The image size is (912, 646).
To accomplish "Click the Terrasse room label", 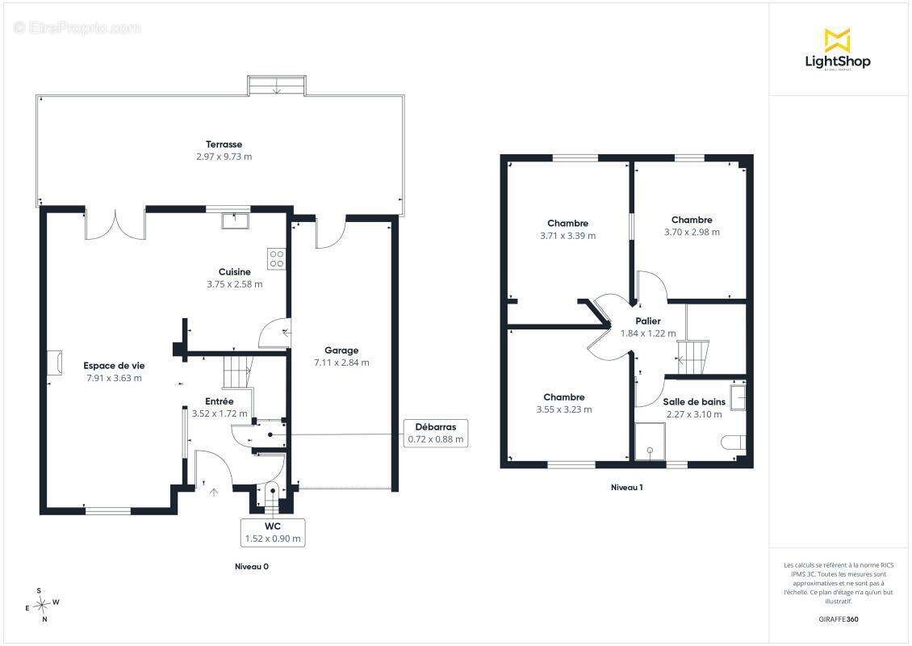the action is click(x=224, y=145).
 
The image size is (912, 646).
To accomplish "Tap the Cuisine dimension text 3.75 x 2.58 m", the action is click(x=234, y=284).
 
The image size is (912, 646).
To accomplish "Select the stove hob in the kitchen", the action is click(x=276, y=259).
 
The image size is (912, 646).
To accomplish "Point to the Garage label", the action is click(x=341, y=350).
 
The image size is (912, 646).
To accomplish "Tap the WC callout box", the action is click(x=273, y=532).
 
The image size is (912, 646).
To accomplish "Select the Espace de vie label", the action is click(x=114, y=366).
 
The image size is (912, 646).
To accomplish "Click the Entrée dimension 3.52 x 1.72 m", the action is click(x=220, y=413).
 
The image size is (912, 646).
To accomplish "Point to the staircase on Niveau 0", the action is click(x=238, y=371).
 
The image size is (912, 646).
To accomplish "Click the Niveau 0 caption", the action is click(x=252, y=566).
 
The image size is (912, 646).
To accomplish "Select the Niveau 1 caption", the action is click(x=627, y=487).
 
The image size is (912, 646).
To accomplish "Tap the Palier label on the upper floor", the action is click(x=648, y=321).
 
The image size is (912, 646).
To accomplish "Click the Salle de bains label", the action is click(x=694, y=401).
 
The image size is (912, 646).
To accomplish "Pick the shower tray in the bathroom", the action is click(x=650, y=442).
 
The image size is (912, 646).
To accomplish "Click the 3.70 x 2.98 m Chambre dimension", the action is click(x=692, y=233).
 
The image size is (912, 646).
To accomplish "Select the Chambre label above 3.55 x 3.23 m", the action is click(x=564, y=397).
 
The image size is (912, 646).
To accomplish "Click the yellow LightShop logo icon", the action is click(x=838, y=40).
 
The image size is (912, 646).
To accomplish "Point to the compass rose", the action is click(x=41, y=606).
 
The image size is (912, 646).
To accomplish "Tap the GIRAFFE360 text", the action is click(x=838, y=619).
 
